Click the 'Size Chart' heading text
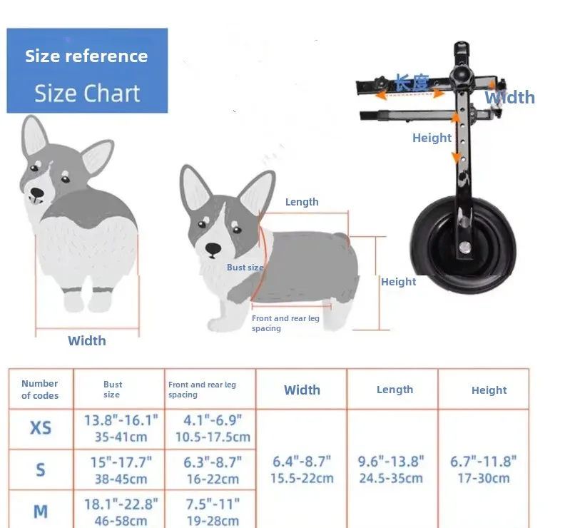coord(87,93)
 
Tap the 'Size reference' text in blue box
coord(86,56)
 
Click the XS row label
coord(41,427)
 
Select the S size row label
coord(41,469)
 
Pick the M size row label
coord(41,512)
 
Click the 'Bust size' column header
coord(112,390)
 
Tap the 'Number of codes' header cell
coord(40,390)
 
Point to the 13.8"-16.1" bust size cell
coord(121,428)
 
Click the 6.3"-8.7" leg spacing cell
coord(213,470)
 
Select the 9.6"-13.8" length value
coord(391,469)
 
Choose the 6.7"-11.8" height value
coord(483,469)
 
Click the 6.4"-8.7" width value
coord(302,469)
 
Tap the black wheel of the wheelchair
coord(463,244)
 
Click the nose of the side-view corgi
coord(213,249)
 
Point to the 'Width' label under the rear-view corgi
coord(87,340)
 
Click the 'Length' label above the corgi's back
coord(302,202)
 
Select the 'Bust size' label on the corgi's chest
coord(245,268)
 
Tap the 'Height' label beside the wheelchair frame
coord(432,138)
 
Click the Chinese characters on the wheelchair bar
coord(412,82)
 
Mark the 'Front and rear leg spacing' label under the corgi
coord(285,323)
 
